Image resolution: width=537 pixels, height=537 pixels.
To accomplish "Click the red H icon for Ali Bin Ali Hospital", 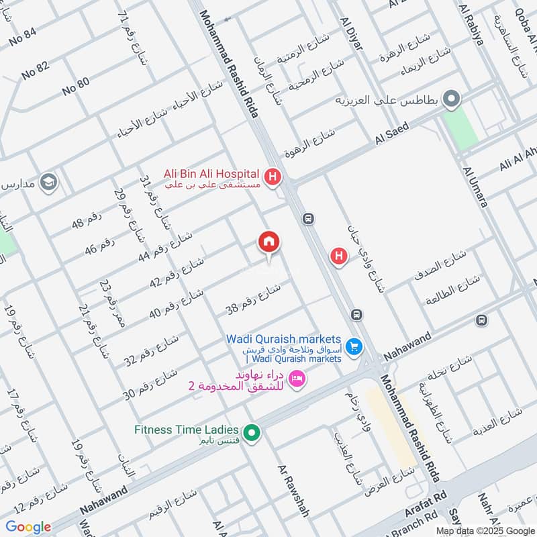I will [273, 178].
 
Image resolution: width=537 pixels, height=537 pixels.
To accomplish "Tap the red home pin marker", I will [269, 242].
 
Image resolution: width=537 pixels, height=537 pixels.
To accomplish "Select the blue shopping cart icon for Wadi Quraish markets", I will [355, 347].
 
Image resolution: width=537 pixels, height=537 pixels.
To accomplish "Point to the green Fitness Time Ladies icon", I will [252, 433].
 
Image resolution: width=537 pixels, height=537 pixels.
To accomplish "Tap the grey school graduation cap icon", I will [48, 182].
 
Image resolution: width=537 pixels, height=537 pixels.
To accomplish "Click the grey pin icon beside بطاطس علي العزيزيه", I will [452, 100].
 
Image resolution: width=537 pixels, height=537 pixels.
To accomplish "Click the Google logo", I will [28, 527].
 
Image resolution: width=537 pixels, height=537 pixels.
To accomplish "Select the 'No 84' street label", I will [23, 36].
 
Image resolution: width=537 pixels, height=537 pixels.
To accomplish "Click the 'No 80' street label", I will [75, 86].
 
